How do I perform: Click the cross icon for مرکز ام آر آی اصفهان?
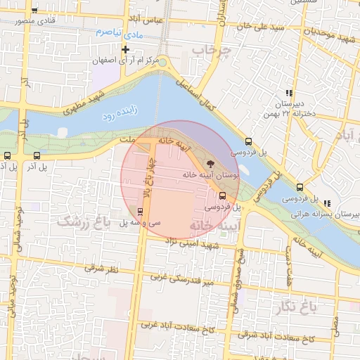point(126,49)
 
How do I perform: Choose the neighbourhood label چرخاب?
point(212,51)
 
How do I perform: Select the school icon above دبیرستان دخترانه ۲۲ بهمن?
point(288,93)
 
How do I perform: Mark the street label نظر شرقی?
point(102,269)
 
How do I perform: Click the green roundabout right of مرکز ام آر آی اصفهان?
point(162,63)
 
